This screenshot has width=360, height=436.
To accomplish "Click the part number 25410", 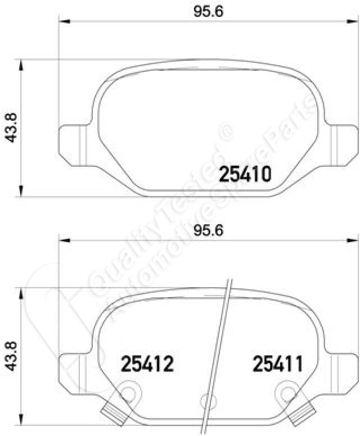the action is [245, 174].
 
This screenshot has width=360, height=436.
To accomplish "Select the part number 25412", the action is [147, 364].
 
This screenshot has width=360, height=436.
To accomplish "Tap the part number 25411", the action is [277, 364].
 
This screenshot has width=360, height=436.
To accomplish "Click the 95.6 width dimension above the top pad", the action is [208, 11].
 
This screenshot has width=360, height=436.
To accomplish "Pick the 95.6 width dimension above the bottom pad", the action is [208, 230].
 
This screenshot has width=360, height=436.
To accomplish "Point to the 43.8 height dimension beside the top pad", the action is [11, 128].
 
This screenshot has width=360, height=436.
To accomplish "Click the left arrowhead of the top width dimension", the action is [64, 21].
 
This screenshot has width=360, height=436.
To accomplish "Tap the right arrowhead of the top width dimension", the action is [352, 21].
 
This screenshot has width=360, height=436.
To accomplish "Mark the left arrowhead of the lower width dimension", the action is [64, 240].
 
